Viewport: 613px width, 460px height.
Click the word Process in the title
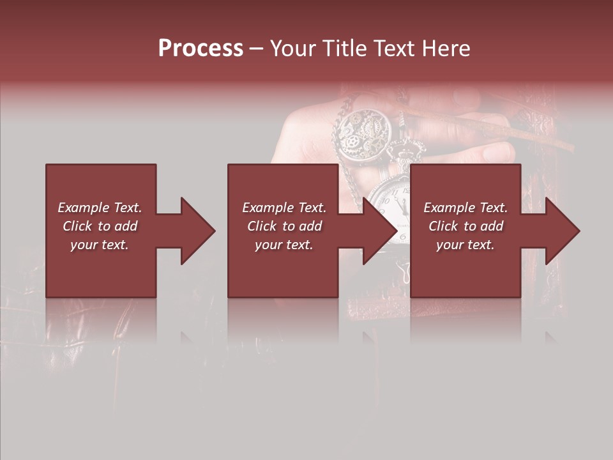(x=201, y=49)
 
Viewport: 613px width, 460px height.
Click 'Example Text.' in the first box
(x=100, y=208)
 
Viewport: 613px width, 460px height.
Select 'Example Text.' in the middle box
(x=284, y=208)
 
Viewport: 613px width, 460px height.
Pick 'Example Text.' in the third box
(x=465, y=208)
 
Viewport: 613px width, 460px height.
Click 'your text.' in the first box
(x=100, y=245)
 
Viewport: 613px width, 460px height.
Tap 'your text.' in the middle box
(x=284, y=245)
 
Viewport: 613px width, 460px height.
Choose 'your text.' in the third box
(x=465, y=245)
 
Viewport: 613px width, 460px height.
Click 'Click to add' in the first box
(x=100, y=226)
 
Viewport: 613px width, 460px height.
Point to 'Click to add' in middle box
(x=284, y=226)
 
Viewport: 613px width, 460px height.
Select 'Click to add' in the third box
(x=465, y=226)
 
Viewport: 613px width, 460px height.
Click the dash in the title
(x=256, y=49)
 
